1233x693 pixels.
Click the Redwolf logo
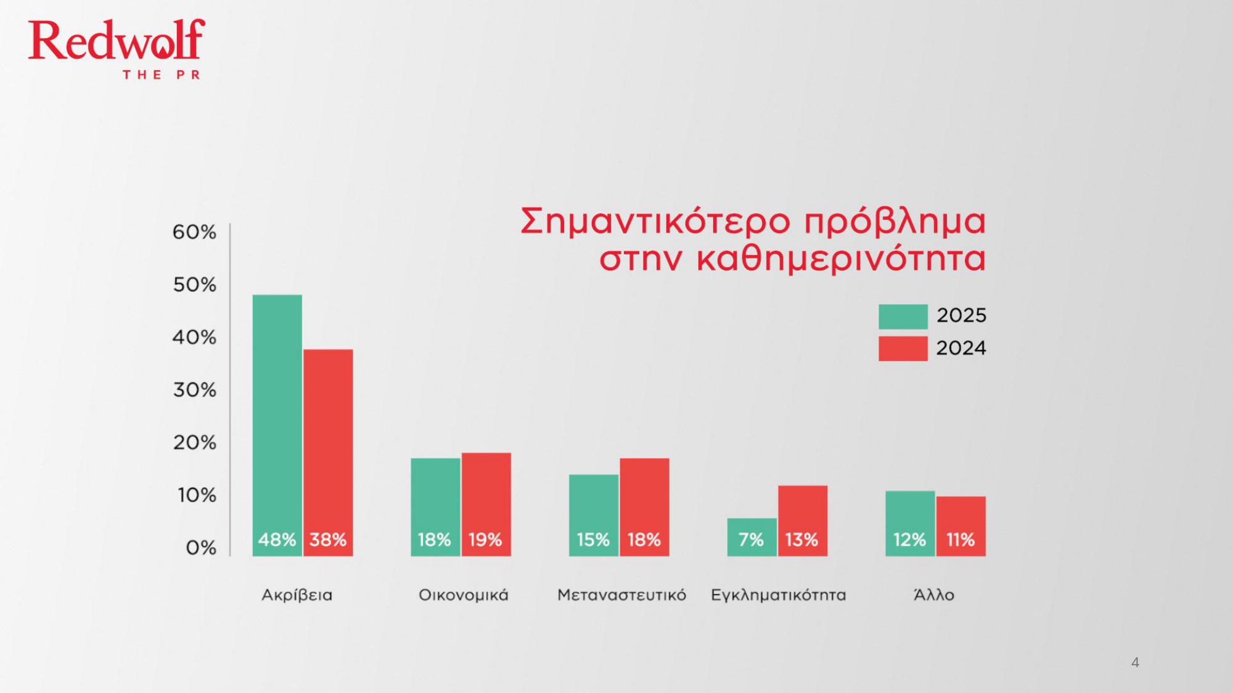(117, 48)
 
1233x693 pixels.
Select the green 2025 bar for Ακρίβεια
(277, 425)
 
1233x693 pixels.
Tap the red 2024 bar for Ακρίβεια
(328, 453)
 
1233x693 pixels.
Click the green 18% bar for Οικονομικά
(435, 507)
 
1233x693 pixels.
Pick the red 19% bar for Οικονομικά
(486, 505)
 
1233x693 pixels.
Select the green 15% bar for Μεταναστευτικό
(594, 516)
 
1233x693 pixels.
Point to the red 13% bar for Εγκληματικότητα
(803, 521)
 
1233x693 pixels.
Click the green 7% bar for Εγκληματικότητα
(752, 537)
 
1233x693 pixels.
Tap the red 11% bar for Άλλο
(961, 526)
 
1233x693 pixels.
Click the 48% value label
(277, 540)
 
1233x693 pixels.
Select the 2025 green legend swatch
(903, 317)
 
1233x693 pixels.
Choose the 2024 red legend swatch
(903, 349)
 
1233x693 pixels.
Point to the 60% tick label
(194, 232)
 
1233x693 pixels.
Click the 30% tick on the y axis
(195, 390)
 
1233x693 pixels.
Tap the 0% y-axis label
(201, 548)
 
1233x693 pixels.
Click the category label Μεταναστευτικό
(621, 595)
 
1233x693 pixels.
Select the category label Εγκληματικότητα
(779, 596)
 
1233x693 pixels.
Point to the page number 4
(1135, 663)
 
